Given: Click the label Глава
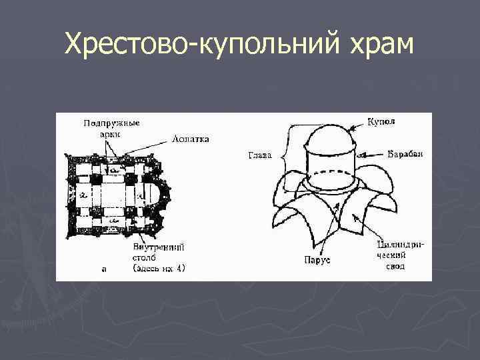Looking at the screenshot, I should (260, 157).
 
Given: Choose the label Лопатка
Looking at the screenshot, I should (191, 139).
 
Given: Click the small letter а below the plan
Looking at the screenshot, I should (104, 269).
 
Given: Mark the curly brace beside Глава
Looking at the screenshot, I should (285, 157).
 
